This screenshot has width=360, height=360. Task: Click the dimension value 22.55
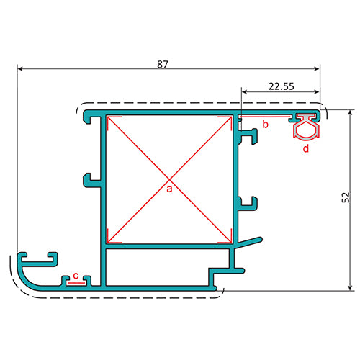[280, 86]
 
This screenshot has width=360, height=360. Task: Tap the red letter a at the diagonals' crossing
[170, 189]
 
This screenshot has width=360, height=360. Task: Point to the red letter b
[265, 125]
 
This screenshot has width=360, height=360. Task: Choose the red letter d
[305, 148]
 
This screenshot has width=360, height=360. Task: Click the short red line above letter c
[76, 283]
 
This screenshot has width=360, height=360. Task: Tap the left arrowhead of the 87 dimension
[20, 70]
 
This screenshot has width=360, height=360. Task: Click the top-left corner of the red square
[108, 117]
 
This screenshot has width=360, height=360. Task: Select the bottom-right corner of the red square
[231, 242]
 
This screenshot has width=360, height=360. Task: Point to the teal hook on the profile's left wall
[88, 178]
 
